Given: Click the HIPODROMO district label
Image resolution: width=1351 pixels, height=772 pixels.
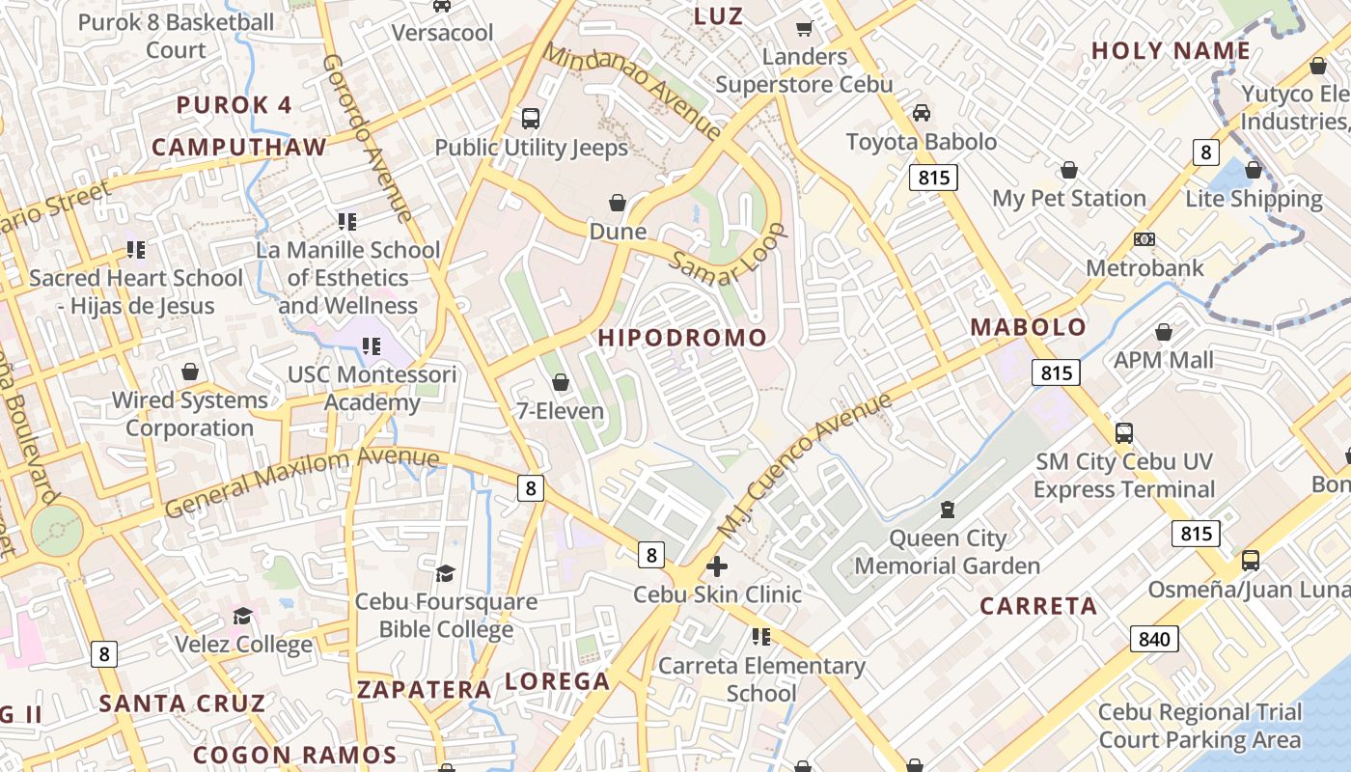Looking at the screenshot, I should (x=682, y=338).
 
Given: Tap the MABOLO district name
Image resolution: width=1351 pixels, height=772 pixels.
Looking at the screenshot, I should (x=1028, y=327).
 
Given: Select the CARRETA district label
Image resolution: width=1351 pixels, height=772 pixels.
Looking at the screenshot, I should (x=1038, y=606).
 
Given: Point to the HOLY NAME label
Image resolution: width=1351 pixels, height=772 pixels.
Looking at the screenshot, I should (x=1171, y=51).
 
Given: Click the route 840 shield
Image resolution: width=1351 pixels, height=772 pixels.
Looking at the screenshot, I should (x=1154, y=638).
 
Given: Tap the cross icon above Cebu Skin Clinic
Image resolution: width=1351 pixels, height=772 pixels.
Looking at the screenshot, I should (x=717, y=566).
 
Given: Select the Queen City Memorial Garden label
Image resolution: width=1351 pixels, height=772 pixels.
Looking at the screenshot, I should (x=947, y=552).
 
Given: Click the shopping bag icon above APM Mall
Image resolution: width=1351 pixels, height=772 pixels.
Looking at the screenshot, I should (x=1164, y=332).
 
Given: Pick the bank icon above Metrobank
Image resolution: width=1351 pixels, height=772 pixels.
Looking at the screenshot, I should (x=1144, y=239).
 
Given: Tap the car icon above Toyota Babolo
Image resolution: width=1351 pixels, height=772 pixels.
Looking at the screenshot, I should (x=922, y=113).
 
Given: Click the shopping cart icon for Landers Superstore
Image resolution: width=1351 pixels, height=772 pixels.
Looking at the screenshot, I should (x=804, y=29).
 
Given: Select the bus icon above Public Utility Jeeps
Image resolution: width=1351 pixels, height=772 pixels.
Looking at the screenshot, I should (x=531, y=119).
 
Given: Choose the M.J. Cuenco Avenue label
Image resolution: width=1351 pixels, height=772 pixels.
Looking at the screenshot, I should (x=805, y=467).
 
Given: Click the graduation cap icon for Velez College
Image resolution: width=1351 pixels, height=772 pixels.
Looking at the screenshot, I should (x=243, y=616).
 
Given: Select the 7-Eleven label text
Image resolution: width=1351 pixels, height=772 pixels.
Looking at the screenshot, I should (x=560, y=411).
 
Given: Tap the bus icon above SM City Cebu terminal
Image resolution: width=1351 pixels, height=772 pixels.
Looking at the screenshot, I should (x=1124, y=433).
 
